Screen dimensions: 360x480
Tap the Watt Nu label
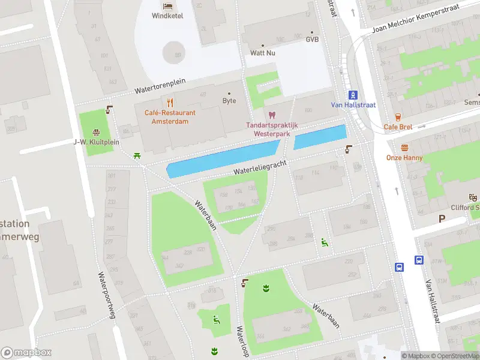click(x=263, y=53)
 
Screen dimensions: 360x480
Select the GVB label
click(x=312, y=40)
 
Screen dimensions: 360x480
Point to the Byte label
click(x=229, y=101)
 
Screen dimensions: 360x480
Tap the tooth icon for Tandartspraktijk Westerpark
click(x=272, y=115)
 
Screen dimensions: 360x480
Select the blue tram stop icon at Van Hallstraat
click(x=353, y=94)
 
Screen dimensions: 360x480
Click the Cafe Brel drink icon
click(x=398, y=117)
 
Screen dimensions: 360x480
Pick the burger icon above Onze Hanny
click(x=404, y=148)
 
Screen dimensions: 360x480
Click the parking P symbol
click(x=442, y=219)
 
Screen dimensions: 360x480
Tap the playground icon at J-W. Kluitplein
click(x=96, y=132)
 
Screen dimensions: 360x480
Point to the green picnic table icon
click(x=138, y=156)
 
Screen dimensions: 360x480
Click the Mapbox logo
click(x=26, y=353)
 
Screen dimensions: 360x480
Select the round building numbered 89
click(x=175, y=52)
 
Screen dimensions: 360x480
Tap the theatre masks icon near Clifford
click(x=473, y=197)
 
